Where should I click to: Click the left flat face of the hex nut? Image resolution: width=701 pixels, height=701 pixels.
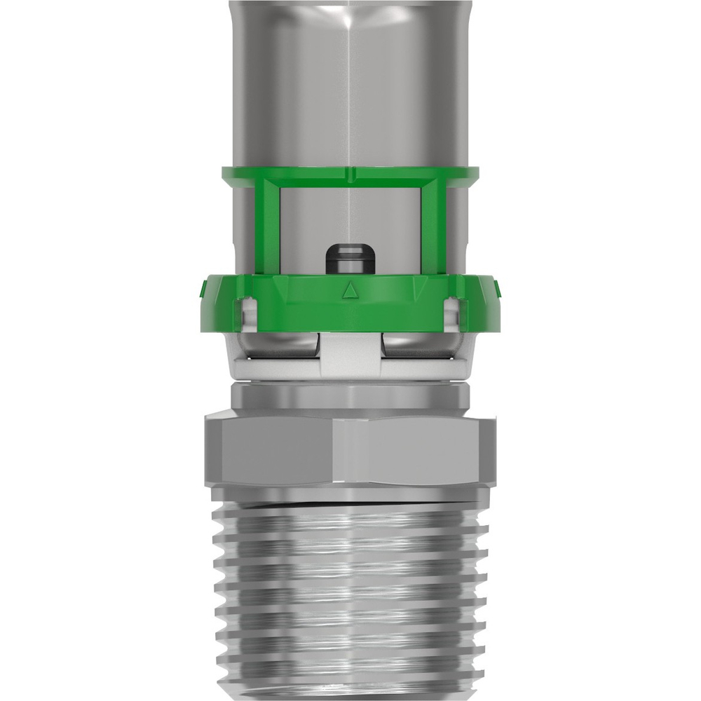point(273,449)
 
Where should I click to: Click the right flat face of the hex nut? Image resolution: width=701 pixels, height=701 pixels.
point(421,449)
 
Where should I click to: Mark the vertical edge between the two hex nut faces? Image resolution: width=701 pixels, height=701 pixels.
point(335,449)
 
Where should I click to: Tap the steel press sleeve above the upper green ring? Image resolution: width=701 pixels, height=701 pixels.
point(350,84)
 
